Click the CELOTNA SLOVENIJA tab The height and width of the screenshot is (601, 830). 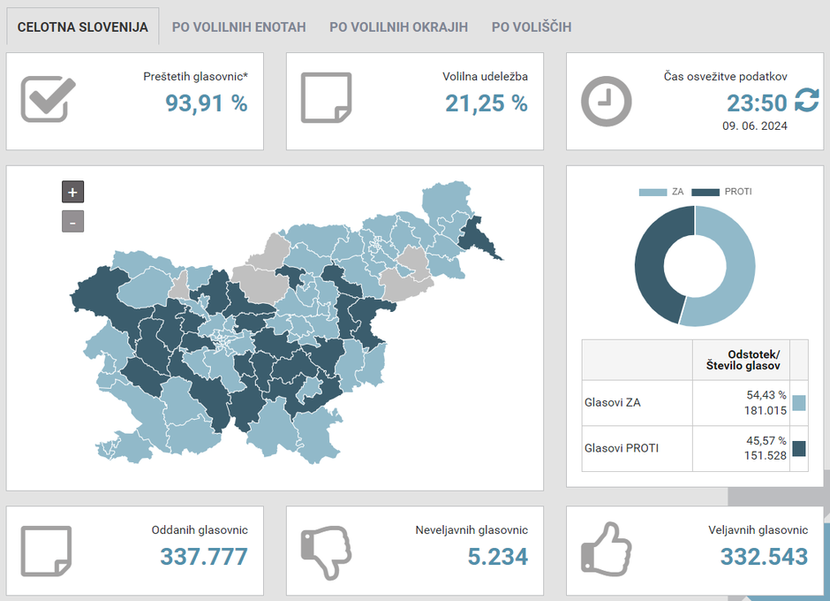(x=83, y=27)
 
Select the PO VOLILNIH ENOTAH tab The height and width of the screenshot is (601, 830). (x=238, y=27)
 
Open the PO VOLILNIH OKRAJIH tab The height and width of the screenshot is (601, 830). (x=398, y=27)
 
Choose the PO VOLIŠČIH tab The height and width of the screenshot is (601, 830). (x=532, y=27)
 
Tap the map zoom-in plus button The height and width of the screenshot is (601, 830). (x=72, y=192)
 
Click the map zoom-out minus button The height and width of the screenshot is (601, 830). (x=72, y=221)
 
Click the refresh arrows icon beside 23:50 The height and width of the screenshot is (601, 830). (x=806, y=101)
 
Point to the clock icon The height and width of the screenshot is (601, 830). (x=606, y=101)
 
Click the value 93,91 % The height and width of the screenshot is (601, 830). (x=207, y=103)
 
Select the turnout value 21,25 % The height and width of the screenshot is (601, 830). (x=487, y=103)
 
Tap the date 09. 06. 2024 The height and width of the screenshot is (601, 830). (x=755, y=126)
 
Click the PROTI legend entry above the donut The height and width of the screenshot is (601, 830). (x=722, y=192)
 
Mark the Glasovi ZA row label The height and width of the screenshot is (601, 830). (x=613, y=403)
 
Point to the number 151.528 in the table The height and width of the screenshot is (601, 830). (x=766, y=455)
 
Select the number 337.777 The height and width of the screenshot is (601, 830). (x=204, y=557)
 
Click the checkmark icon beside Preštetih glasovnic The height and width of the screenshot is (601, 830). (x=48, y=99)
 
